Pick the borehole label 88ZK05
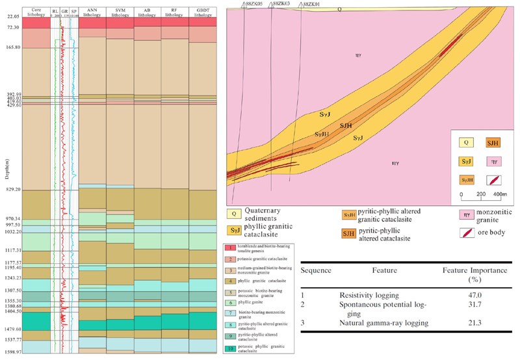point(253,4)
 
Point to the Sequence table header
point(317,270)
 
